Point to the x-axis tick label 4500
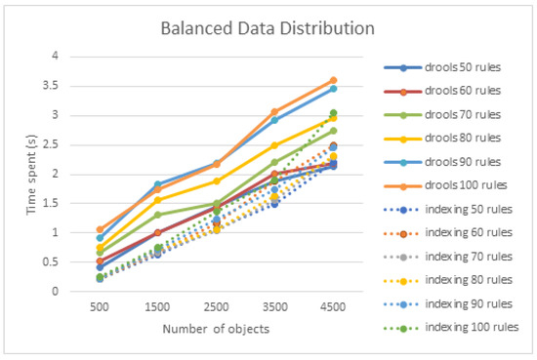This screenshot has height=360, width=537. (333, 304)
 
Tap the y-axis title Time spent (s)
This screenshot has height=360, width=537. (30, 173)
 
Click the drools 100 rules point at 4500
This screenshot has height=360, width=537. (333, 80)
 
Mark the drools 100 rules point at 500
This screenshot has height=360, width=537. (100, 229)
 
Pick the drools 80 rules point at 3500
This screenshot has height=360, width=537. (274, 145)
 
